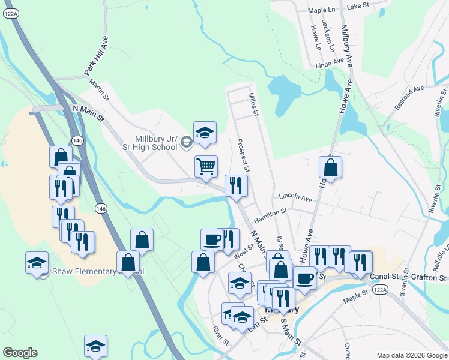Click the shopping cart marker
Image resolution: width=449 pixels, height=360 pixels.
[x=206, y=166]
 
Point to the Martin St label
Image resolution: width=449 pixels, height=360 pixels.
[x=99, y=92]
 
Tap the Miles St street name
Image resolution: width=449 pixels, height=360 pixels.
[x=254, y=104]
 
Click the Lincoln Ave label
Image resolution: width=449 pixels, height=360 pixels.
[x=295, y=198]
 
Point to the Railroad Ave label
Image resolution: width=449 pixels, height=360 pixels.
[x=409, y=95]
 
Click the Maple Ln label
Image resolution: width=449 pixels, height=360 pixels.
[x=321, y=10]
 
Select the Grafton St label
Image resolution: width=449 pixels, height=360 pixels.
[x=430, y=278]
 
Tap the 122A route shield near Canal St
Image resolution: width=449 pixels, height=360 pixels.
[x=379, y=289]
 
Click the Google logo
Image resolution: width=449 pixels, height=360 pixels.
[x=20, y=353]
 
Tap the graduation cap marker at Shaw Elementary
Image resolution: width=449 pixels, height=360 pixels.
[x=37, y=262]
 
